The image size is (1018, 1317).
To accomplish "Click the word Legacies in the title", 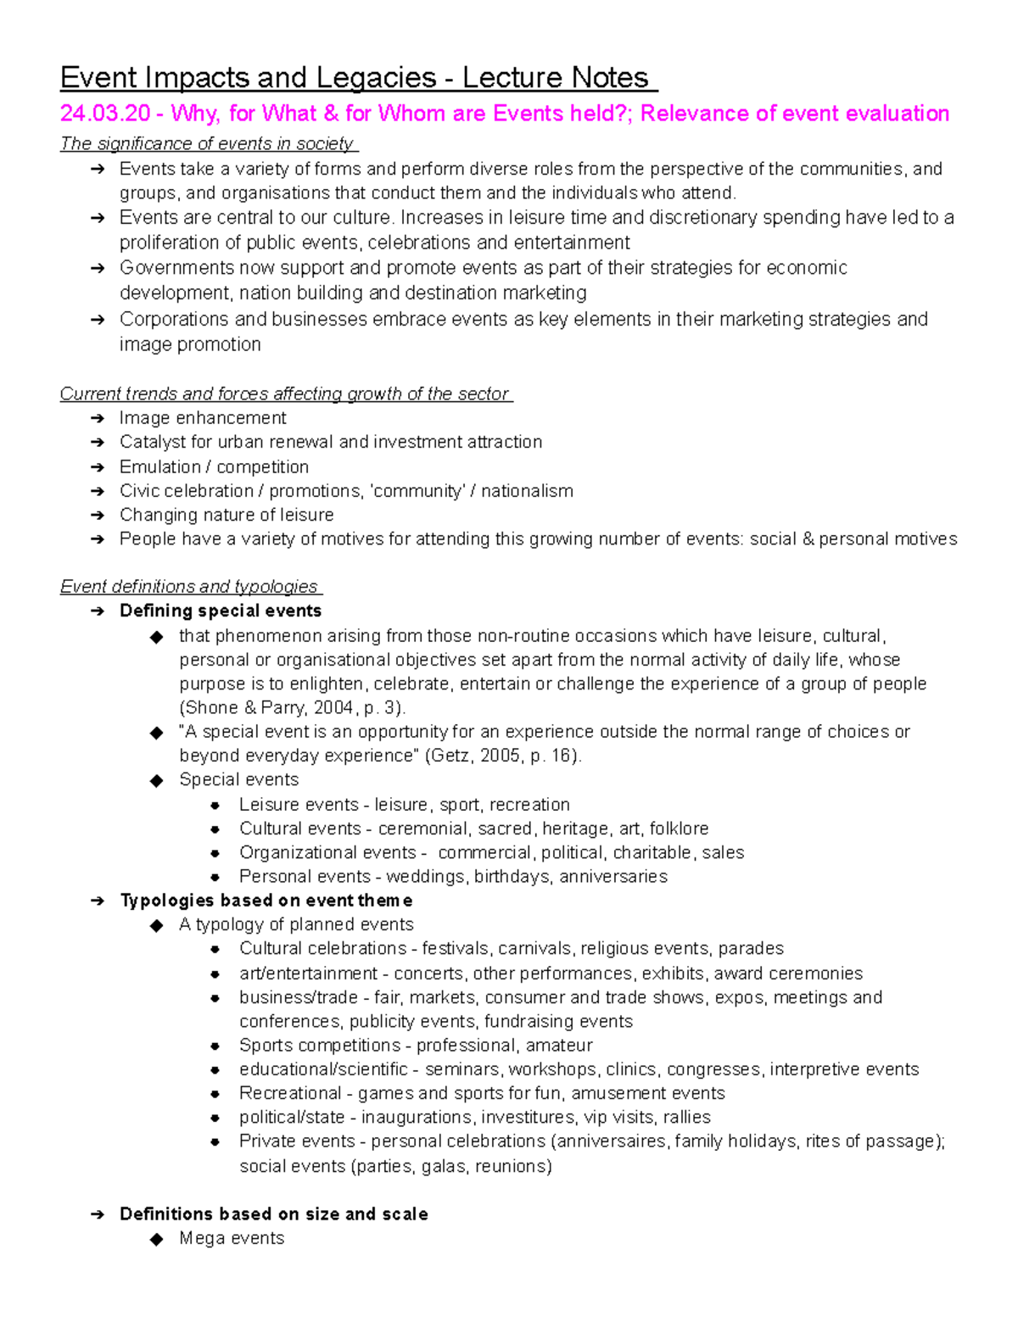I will point(374,78).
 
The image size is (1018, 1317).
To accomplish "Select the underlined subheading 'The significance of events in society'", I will point(207,143).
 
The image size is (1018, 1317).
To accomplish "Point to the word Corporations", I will point(174,320).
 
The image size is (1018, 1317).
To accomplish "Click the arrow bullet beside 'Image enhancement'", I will point(98,419).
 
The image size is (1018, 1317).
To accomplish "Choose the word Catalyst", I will point(150,442).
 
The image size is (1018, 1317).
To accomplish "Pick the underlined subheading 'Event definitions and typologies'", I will point(189,587).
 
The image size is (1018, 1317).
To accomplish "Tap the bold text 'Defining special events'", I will point(221,611).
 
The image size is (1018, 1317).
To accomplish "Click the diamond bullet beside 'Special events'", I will point(156,781).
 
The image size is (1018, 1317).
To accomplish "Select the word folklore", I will point(679,829).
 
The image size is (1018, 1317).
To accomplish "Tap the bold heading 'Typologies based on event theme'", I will point(266,901).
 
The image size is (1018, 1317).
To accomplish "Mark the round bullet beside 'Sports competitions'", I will point(215,1046).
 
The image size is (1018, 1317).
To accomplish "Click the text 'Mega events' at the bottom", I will point(232,1238).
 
